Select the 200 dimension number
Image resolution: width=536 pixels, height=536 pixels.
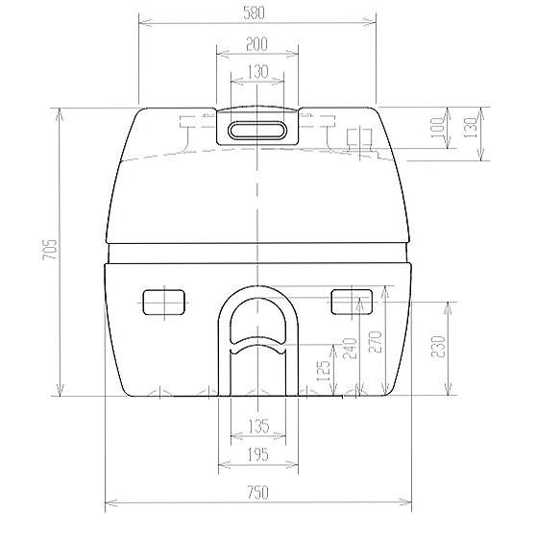256,44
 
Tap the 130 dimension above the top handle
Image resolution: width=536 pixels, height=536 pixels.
256,71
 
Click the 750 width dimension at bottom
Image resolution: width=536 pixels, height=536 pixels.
256,494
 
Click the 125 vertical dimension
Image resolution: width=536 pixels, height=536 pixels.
325,369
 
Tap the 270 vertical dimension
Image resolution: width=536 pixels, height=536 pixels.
377,343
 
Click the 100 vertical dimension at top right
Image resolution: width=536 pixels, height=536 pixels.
438,131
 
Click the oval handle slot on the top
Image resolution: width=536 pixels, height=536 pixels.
256,129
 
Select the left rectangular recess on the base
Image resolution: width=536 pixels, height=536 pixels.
163,303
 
